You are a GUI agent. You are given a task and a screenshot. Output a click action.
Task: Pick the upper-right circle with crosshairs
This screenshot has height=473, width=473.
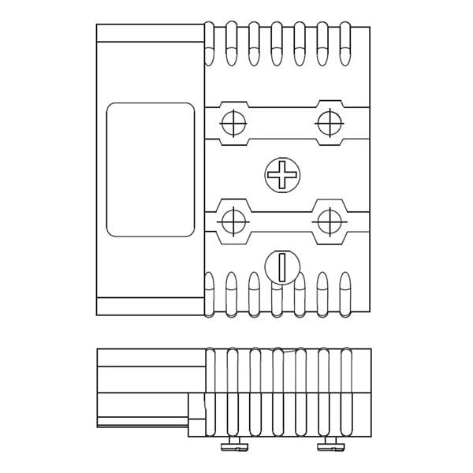[327, 122]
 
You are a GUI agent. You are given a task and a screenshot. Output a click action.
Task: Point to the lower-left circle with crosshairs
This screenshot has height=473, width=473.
[233, 222]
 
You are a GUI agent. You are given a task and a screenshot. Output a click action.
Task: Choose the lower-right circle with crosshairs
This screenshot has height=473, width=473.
[327, 222]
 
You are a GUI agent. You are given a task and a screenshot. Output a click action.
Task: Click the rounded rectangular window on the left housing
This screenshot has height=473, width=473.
[151, 169]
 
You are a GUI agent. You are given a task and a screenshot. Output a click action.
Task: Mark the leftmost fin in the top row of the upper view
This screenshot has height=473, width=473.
[209, 43]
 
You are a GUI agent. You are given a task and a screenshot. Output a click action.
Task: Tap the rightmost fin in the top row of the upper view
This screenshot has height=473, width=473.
[345, 43]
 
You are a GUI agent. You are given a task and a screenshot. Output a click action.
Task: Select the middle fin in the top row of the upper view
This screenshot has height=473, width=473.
[277, 43]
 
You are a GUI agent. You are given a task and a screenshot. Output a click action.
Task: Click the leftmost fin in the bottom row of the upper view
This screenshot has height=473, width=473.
[209, 293]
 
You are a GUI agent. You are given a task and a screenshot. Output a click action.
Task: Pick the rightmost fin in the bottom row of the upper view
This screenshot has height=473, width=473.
[345, 293]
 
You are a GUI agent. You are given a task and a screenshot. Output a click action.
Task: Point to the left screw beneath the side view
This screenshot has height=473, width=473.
[231, 448]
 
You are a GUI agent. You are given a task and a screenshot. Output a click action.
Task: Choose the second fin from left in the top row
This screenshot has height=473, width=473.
[232, 43]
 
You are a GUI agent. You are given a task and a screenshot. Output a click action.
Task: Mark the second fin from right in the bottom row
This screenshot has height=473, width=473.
[322, 293]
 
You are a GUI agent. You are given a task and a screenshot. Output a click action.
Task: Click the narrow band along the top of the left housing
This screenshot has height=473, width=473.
[150, 33]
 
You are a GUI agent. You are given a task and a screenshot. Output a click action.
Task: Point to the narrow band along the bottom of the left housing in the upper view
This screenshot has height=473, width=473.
[150, 306]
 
